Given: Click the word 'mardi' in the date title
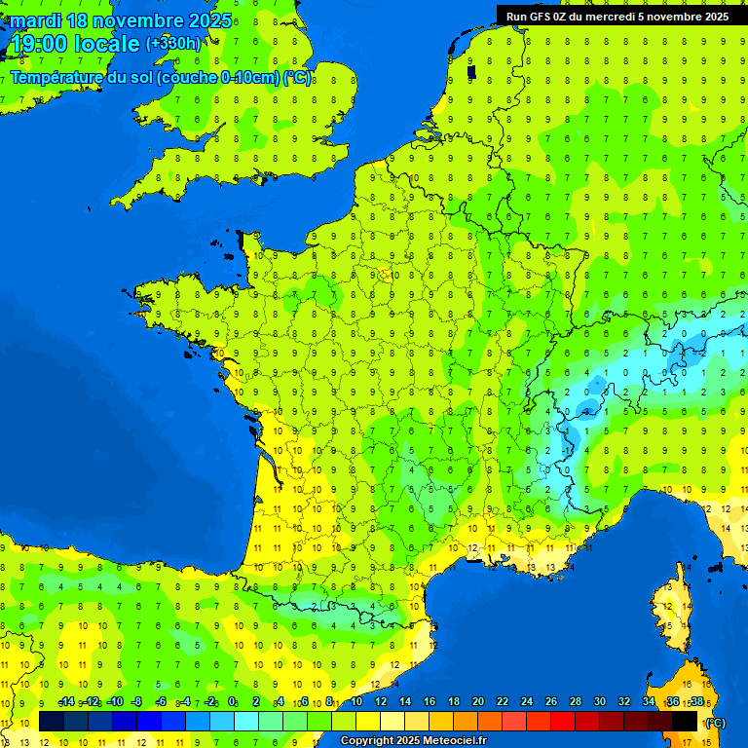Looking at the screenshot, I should coord(34,20).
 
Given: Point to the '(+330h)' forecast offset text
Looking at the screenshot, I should coord(174,44).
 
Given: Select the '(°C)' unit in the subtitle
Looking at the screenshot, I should coord(297,77).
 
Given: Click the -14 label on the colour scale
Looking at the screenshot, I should coord(66,702).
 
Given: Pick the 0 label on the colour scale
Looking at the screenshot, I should coord(232,702).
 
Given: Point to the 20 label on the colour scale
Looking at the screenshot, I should coord(478,702).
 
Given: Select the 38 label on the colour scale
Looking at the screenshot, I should coord(697,702).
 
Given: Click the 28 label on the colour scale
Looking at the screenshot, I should coord(576,702).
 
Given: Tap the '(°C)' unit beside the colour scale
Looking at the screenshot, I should coord(715,723).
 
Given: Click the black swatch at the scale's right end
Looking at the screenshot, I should coord(685,721).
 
